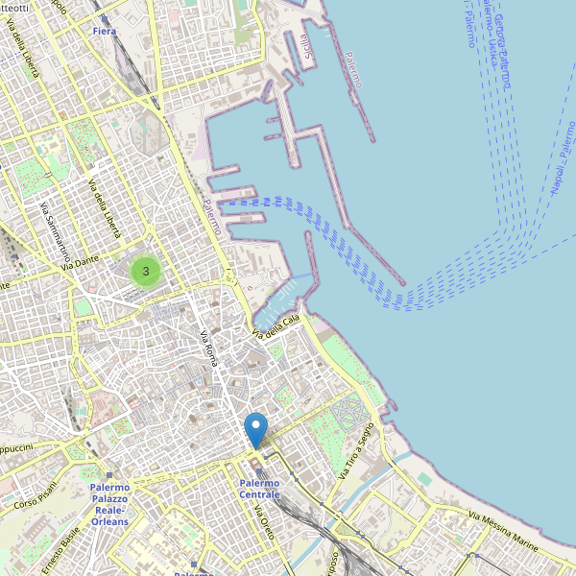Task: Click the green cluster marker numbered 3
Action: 145,271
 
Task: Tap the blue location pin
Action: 256,429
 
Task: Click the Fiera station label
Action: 105,32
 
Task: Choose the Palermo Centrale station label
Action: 259,488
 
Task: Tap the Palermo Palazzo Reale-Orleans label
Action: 109,504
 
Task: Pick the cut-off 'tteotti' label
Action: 14,8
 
